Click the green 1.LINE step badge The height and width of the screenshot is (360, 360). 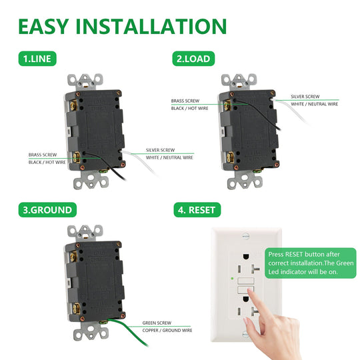pyautogui.click(x=37, y=59)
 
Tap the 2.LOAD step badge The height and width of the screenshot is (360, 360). pyautogui.click(x=193, y=59)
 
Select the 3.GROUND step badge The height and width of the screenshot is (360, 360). pyautogui.click(x=47, y=209)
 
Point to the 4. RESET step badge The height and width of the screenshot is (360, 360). pyautogui.click(x=197, y=209)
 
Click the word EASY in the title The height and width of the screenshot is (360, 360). pyautogui.click(x=43, y=27)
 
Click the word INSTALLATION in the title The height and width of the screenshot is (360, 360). pyautogui.click(x=151, y=27)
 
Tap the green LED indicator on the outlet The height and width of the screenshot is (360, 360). pyautogui.click(x=232, y=278)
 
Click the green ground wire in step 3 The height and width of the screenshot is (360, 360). pyautogui.click(x=129, y=331)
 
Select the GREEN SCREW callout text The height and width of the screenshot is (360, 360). pyautogui.click(x=157, y=323)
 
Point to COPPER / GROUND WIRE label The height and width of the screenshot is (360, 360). pyautogui.click(x=167, y=330)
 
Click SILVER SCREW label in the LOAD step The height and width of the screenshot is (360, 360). pyautogui.click(x=305, y=97)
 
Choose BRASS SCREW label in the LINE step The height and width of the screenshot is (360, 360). pyautogui.click(x=43, y=155)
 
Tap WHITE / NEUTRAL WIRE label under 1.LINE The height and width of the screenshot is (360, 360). pyautogui.click(x=169, y=157)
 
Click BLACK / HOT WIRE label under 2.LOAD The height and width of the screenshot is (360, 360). pyautogui.click(x=189, y=108)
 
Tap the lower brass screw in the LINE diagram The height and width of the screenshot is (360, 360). pyautogui.click(x=76, y=157)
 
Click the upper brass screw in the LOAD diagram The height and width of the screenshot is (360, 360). pyautogui.click(x=227, y=105)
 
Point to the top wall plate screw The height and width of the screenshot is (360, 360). pyautogui.click(x=245, y=236)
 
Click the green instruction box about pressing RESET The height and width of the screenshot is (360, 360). pyautogui.click(x=311, y=263)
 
